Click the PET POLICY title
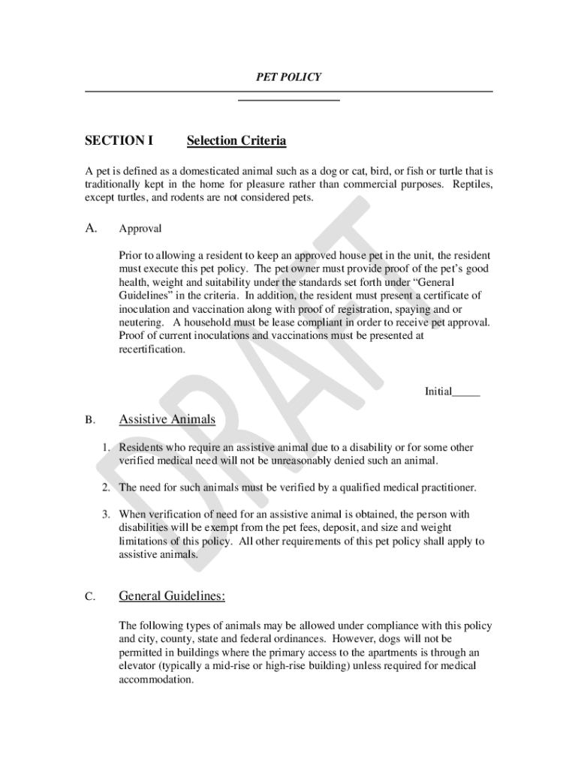click(289, 76)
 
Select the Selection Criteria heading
click(236, 141)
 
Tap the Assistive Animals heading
click(167, 419)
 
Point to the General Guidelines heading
click(172, 596)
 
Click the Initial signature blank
click(466, 391)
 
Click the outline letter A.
click(91, 228)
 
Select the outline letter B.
click(89, 421)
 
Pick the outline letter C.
click(89, 598)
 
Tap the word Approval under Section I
click(140, 229)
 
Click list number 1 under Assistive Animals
click(107, 448)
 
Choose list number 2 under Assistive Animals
click(107, 487)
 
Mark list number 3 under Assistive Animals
click(107, 514)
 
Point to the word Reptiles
click(472, 184)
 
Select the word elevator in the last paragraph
click(138, 666)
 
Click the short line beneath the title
click(289, 100)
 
